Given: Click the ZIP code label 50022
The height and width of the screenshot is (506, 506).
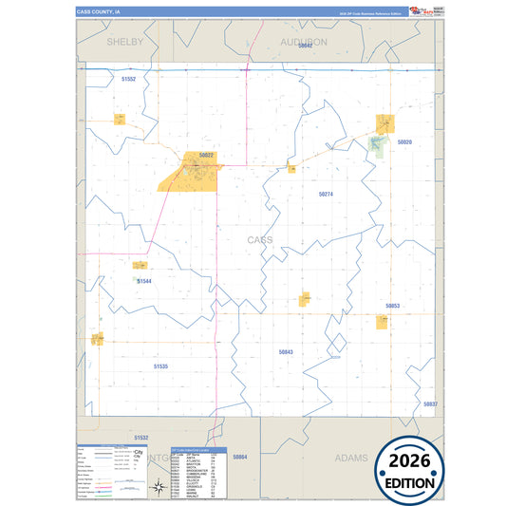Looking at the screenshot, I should coord(205,155).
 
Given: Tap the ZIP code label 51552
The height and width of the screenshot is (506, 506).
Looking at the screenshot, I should coord(129,80).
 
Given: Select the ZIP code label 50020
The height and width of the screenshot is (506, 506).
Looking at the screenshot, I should coord(404,141).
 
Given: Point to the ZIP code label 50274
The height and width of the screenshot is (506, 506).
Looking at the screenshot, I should coord(326,194).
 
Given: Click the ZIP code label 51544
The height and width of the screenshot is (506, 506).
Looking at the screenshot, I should coord(144,281).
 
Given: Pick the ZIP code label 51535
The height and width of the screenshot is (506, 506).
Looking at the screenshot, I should coord(160,365).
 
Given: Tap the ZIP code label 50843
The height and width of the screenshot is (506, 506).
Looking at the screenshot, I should coord(287,351).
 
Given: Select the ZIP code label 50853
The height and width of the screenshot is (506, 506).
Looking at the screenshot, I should coord(392,306).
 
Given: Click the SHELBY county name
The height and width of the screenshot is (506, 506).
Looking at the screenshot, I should coord(124,43).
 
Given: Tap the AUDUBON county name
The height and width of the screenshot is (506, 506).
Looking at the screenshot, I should coord(303,43).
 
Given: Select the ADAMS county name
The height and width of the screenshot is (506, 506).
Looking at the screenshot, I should coord(351,458).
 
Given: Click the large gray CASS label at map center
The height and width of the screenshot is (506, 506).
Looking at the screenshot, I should coord(259,240).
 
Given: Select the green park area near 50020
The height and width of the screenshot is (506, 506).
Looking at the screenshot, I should coord(377,143).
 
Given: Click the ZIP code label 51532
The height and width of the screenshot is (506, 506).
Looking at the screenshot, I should coord(141,437).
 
